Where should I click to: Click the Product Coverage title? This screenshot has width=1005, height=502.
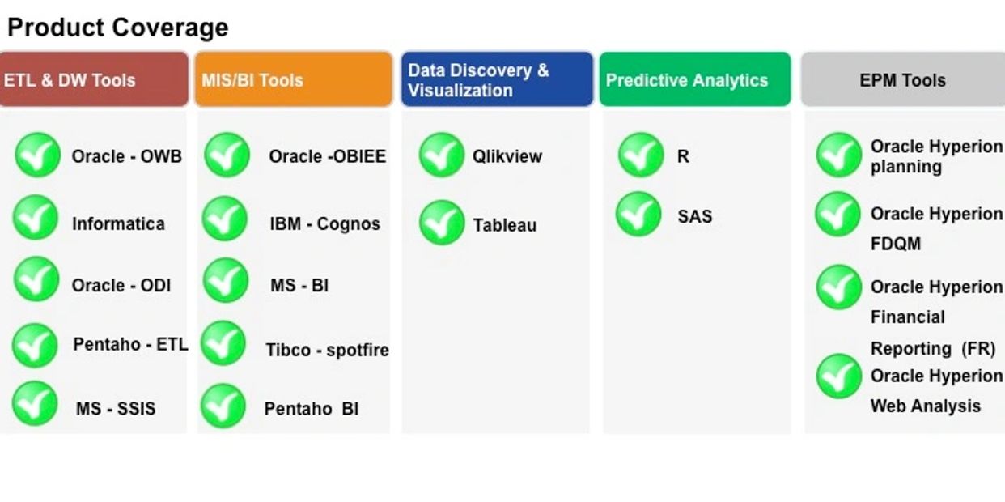pos(118,28)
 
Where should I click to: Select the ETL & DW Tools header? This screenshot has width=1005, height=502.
pos(94,79)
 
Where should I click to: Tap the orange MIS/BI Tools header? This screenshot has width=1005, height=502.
pos(294,79)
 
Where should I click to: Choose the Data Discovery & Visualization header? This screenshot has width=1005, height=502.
pos(497,79)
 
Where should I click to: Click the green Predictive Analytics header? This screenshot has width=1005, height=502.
pos(695,79)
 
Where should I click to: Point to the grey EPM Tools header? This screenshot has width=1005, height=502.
pos(903,79)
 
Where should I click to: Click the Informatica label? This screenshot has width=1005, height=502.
pos(118,223)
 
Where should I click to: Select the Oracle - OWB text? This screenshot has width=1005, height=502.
pos(126,156)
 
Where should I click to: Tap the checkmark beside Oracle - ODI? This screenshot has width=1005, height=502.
pos(36,279)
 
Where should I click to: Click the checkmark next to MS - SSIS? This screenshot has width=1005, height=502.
pos(35,403)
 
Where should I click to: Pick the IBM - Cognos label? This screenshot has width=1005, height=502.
pos(324,223)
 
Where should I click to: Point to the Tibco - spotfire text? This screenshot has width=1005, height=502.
pos(327,350)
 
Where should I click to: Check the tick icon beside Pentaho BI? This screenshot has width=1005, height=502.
pos(223,406)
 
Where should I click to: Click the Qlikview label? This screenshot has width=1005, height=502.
pos(507,157)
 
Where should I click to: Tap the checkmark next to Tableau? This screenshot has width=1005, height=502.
pos(442,223)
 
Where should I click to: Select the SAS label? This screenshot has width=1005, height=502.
pos(695,216)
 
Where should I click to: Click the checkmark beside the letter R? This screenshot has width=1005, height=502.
pos(641,155)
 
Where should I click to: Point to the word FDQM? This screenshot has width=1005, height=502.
pos(896,244)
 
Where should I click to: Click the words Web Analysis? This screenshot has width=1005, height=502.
pos(926,406)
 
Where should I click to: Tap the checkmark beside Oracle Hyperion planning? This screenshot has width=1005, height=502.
pos(839,155)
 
